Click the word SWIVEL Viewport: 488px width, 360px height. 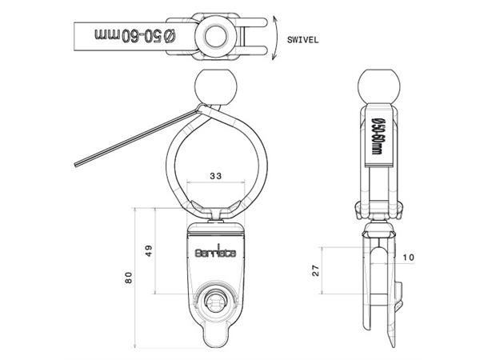305,38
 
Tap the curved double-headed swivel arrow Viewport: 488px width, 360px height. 275,36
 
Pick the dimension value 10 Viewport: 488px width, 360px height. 409,257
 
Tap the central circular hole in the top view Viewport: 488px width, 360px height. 215,35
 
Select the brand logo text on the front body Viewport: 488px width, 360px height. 216,250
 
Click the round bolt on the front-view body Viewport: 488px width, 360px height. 216,301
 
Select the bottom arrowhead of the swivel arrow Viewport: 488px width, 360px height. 276,58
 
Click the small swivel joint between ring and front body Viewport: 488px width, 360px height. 215,213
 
